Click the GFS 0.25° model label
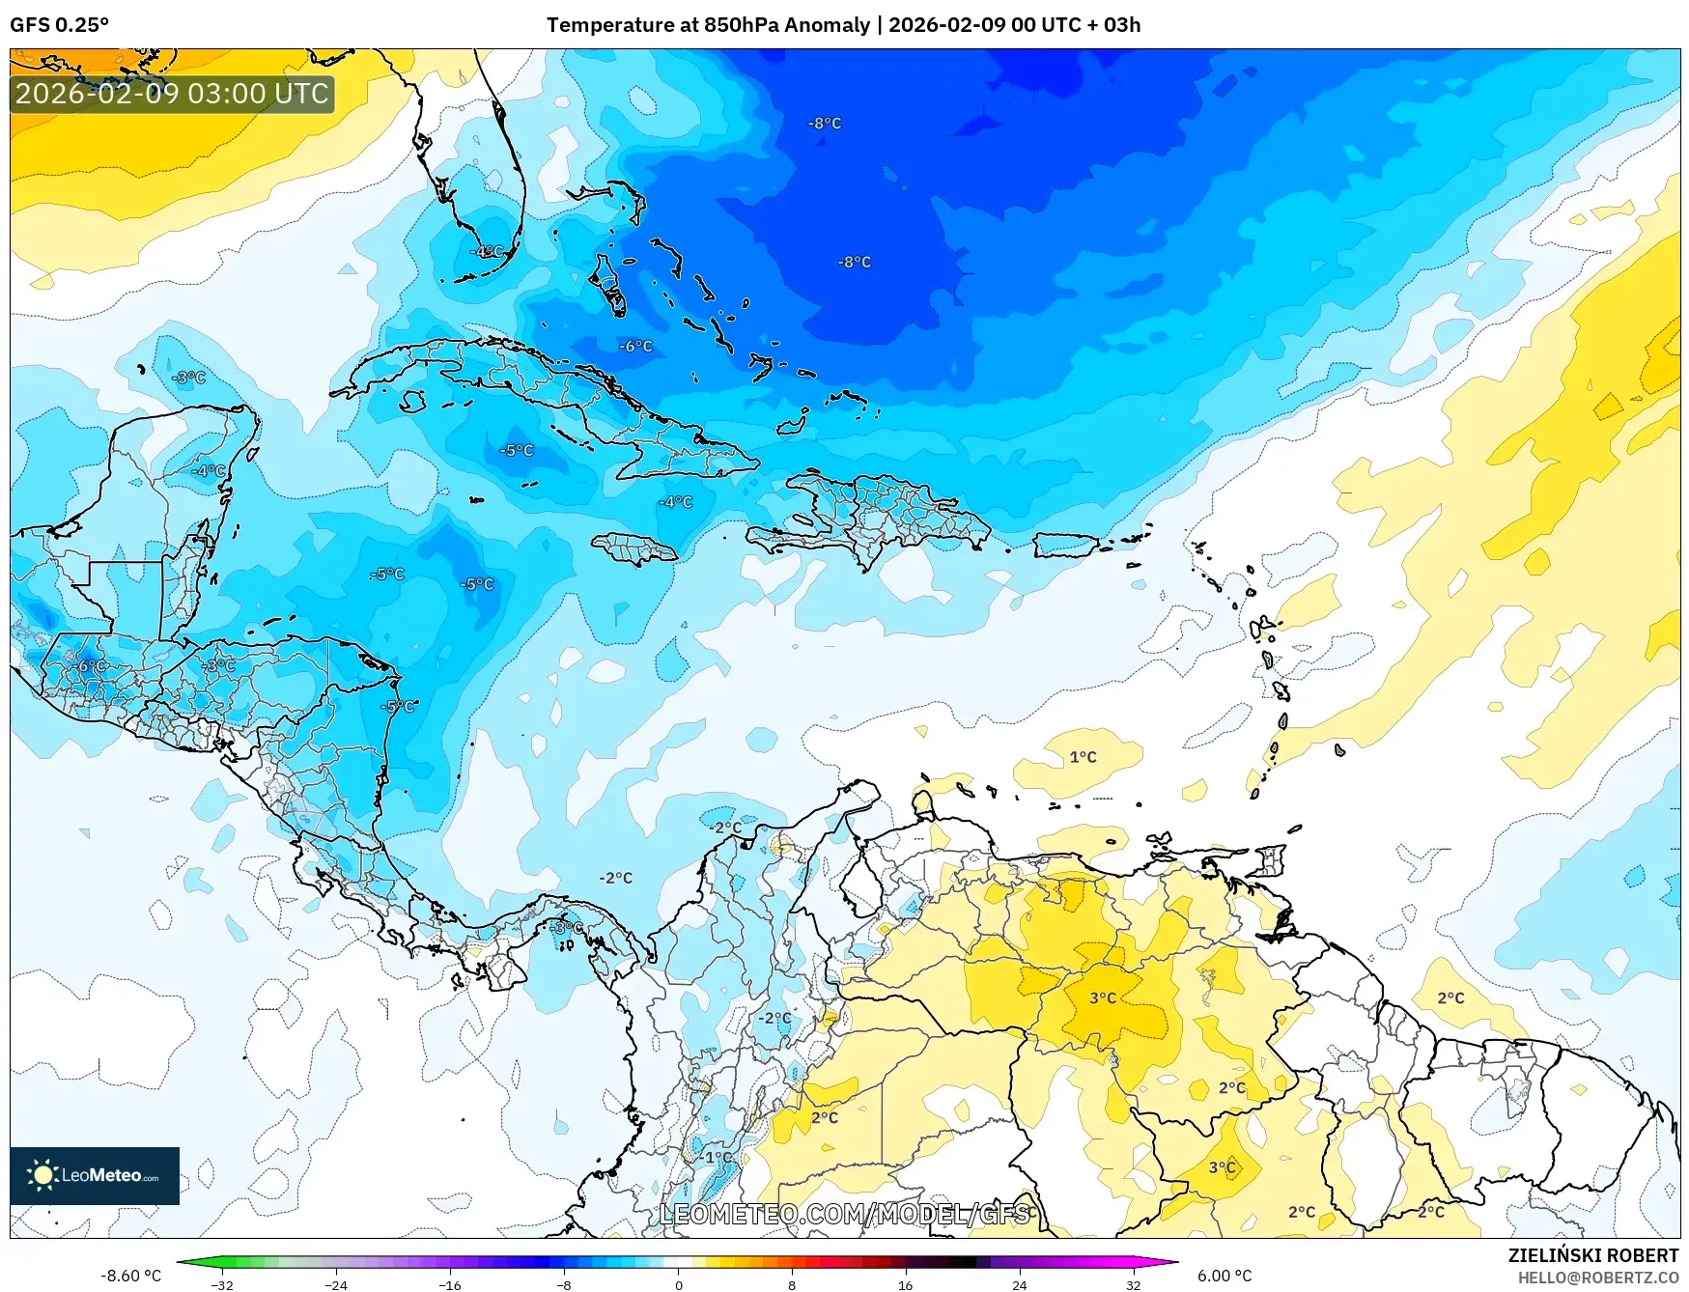[59, 25]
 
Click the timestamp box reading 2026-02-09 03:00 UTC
[172, 94]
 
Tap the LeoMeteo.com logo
[95, 1175]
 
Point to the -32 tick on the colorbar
[222, 1284]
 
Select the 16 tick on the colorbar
[905, 1284]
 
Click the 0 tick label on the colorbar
[678, 1284]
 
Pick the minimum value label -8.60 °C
[130, 1276]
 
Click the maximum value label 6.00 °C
[1225, 1276]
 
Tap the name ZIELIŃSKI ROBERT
[1592, 1255]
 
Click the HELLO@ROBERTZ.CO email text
[1597, 1278]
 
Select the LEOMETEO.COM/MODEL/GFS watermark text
[845, 1214]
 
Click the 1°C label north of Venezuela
[1083, 757]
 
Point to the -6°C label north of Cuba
[635, 346]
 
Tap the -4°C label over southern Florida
[487, 251]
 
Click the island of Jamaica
[635, 549]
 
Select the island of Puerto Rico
[1067, 545]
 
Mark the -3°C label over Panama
[567, 927]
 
